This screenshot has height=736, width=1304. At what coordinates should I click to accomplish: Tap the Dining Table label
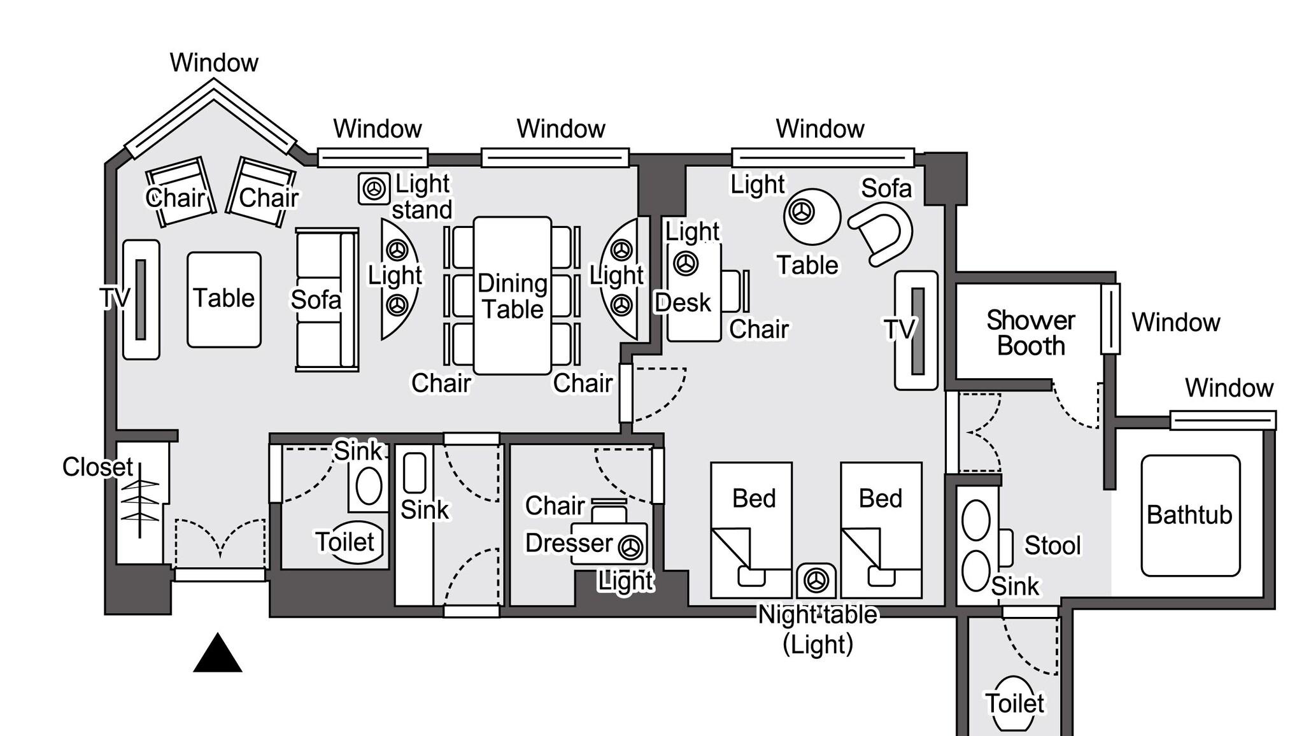tap(513, 297)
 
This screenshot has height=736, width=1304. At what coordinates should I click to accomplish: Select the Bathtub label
tap(1189, 514)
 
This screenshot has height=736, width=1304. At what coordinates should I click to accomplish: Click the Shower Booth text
tap(1031, 333)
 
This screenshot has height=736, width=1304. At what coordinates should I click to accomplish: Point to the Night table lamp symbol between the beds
tap(816, 580)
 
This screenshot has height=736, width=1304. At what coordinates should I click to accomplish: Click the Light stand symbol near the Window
tap(374, 188)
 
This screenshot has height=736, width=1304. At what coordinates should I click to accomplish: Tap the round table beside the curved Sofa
tap(812, 216)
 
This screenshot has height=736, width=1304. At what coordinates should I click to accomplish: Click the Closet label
tap(97, 467)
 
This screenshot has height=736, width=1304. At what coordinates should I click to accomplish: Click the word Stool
tap(1052, 546)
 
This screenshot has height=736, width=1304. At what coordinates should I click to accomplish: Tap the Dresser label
tap(569, 543)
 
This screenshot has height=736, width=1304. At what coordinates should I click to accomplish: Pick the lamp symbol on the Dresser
tap(631, 546)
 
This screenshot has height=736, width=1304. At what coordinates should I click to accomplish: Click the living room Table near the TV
tap(224, 299)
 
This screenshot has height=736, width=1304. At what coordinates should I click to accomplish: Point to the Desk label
tap(683, 303)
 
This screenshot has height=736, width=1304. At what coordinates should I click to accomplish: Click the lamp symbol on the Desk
tap(686, 263)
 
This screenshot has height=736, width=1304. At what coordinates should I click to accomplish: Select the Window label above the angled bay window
tap(214, 63)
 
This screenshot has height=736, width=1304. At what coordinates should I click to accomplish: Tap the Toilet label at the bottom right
tap(1014, 704)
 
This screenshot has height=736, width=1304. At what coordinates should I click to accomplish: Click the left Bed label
tap(754, 499)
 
